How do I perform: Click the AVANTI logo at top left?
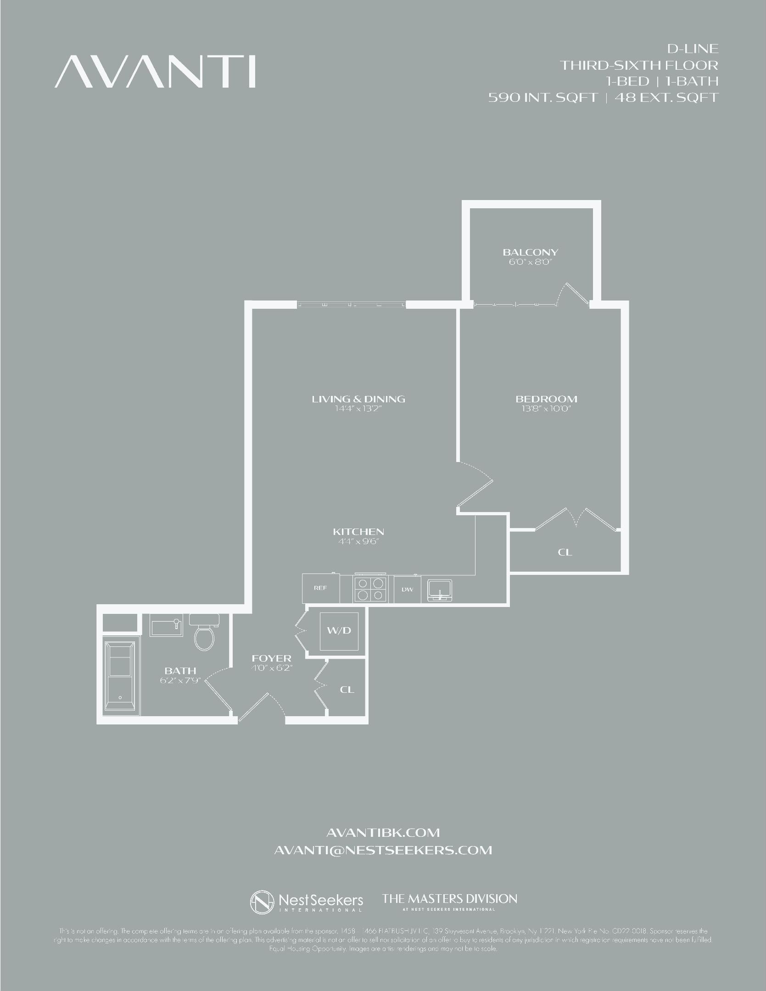pyautogui.click(x=155, y=72)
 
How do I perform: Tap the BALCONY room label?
pyautogui.click(x=530, y=252)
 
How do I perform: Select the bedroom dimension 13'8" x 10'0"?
pyautogui.click(x=546, y=409)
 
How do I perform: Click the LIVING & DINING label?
pyautogui.click(x=358, y=399)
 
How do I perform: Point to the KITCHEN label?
pyautogui.click(x=358, y=532)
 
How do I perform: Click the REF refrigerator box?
pyautogui.click(x=320, y=588)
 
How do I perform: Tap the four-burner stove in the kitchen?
pyautogui.click(x=370, y=589)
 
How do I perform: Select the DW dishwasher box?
pyautogui.click(x=408, y=590)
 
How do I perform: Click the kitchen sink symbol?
pyautogui.click(x=440, y=590)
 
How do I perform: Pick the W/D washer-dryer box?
pyautogui.click(x=339, y=630)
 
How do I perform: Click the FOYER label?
pyautogui.click(x=272, y=658)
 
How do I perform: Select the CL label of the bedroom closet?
pyautogui.click(x=565, y=552)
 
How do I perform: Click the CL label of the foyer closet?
pyautogui.click(x=347, y=690)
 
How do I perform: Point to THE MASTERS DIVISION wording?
pyautogui.click(x=450, y=899)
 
